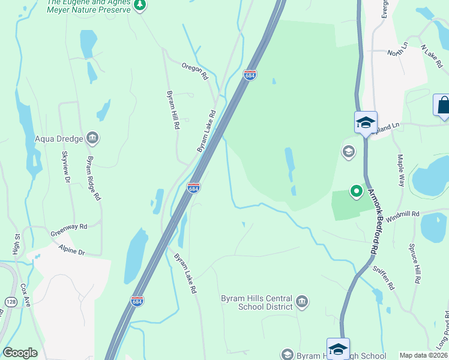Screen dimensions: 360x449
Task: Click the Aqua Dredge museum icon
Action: [x=93, y=139]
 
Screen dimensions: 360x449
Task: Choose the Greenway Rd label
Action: [x=68, y=226]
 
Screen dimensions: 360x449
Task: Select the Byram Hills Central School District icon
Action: [x=302, y=301]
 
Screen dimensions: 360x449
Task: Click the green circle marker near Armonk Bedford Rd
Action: [x=356, y=191]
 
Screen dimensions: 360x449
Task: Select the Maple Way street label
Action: [x=400, y=170]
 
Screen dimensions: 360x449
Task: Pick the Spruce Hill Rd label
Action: [x=414, y=263]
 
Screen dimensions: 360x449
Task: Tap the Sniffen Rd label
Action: [x=382, y=278]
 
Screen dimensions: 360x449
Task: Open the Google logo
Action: [x=20, y=353]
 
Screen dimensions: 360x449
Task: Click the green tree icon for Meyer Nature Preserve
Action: [x=140, y=6]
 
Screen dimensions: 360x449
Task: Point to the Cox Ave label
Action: [x=25, y=296]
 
